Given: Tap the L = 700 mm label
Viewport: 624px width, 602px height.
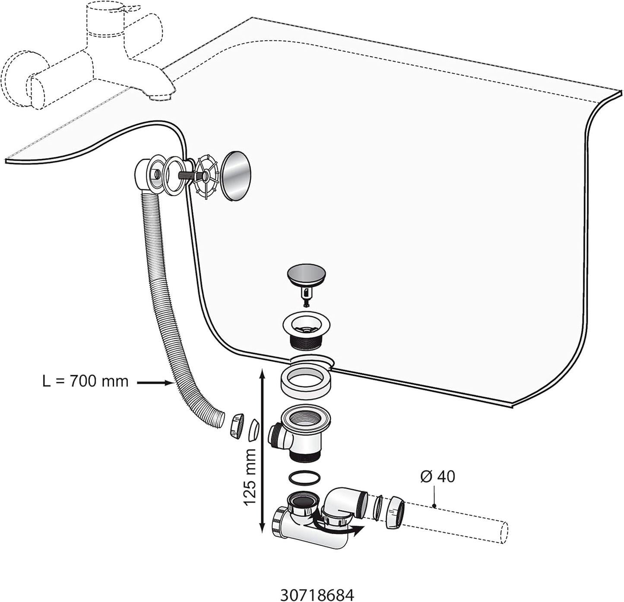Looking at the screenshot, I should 86,381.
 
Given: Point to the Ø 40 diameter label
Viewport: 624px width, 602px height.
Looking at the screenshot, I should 437,476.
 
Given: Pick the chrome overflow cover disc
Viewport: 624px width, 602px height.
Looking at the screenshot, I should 235,176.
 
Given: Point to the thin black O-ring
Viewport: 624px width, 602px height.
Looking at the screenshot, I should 304,478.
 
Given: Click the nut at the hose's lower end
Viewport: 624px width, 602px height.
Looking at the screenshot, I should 235,426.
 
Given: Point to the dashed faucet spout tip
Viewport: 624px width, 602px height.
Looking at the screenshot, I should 161,94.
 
